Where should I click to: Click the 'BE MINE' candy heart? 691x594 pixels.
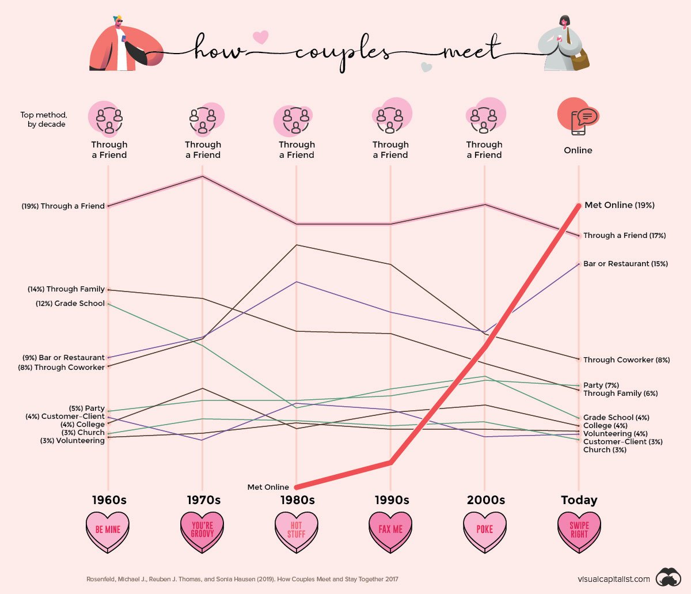[108, 531]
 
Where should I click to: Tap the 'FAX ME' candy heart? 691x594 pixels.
[390, 531]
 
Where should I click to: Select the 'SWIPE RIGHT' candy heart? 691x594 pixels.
[579, 531]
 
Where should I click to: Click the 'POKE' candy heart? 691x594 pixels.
[485, 531]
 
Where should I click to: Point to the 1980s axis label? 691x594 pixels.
[297, 500]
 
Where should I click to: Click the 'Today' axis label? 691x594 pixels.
[579, 500]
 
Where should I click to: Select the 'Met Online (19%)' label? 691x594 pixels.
[619, 205]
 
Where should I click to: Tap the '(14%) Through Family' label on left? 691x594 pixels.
[66, 289]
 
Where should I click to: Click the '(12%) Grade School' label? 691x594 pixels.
[70, 304]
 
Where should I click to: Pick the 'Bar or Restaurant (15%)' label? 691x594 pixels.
[625, 264]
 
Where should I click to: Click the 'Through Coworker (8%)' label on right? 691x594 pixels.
[627, 360]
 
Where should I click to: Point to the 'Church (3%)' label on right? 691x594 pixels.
[605, 450]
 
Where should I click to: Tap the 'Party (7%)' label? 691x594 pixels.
[601, 385]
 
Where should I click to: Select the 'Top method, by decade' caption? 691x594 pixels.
[44, 120]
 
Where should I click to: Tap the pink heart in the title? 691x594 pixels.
[261, 37]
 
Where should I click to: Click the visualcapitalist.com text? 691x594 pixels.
[614, 579]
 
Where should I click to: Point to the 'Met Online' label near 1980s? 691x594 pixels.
[268, 487]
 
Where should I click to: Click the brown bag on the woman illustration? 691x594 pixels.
[579, 58]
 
